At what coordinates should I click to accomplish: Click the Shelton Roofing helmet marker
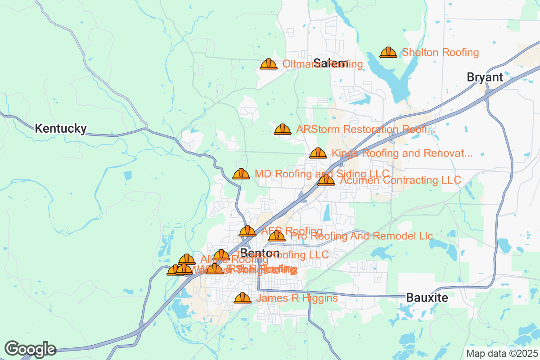(x=388, y=53)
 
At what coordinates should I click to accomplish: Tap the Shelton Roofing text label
(x=440, y=53)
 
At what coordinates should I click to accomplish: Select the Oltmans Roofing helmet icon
(x=269, y=64)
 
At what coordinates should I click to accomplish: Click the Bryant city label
(x=485, y=77)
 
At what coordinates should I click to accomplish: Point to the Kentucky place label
(x=61, y=129)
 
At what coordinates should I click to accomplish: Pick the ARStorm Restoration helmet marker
(x=282, y=130)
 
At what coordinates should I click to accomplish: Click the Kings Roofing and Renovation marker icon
(x=318, y=153)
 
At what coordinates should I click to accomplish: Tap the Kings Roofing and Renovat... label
(x=402, y=153)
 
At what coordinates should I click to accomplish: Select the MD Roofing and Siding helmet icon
(x=241, y=174)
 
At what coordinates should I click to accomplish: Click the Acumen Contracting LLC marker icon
(x=326, y=180)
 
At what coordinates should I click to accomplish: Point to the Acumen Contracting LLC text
(x=400, y=180)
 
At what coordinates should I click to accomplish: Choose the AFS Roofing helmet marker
(x=247, y=231)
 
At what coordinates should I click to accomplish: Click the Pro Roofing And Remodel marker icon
(x=277, y=236)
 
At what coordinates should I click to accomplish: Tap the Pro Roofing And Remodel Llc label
(x=362, y=236)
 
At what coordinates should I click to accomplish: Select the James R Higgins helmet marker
(x=243, y=298)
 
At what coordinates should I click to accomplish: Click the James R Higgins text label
(x=297, y=298)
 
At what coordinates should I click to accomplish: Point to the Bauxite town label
(x=427, y=297)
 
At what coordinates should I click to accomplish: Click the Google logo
(x=31, y=349)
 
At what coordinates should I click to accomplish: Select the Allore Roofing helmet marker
(x=187, y=260)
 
